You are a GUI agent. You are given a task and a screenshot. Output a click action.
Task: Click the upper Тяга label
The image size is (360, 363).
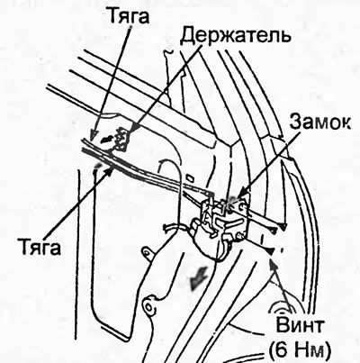click(x=129, y=15)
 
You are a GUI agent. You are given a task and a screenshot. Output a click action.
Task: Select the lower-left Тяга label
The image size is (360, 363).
click(x=40, y=248)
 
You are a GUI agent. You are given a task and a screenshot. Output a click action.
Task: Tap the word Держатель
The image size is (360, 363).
click(x=237, y=35)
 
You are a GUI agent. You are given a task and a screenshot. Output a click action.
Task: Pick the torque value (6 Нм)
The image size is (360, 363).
click(x=301, y=349)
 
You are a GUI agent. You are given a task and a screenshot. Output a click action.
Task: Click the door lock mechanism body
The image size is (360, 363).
click(x=220, y=227)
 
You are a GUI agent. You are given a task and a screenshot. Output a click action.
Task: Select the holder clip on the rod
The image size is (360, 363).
click(x=121, y=139)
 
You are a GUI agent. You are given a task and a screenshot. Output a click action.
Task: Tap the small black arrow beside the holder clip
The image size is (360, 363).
click(x=105, y=139)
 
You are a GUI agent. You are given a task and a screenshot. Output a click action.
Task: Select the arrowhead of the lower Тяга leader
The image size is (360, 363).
click(x=111, y=170)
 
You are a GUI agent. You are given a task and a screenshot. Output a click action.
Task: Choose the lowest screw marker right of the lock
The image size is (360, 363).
click(x=271, y=250)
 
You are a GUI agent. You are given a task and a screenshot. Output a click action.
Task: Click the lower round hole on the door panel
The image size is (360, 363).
click(x=148, y=306)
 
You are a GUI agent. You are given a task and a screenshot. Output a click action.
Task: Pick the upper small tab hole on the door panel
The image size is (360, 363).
click(x=148, y=250)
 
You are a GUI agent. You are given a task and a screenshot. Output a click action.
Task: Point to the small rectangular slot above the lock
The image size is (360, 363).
click(x=191, y=177)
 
